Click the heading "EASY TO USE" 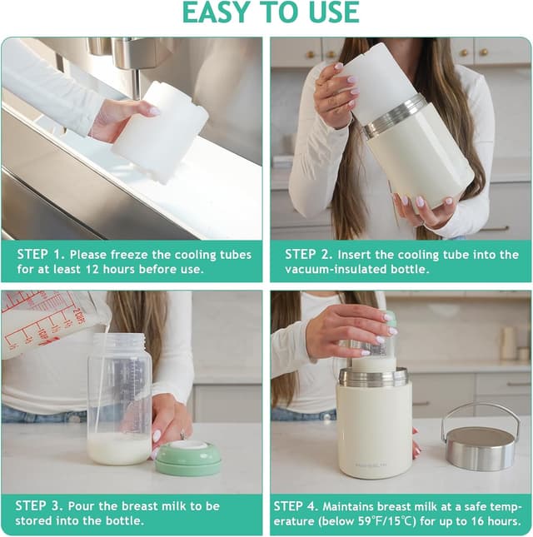pyautogui.click(x=271, y=12)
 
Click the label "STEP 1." pyautogui.click(x=42, y=255)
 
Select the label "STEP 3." pyautogui.click(x=42, y=506)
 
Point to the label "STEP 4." pyautogui.click(x=301, y=506)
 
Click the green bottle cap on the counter pyautogui.click(x=188, y=459)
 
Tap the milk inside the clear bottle pyautogui.click(x=119, y=448)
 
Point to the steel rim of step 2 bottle pyautogui.click(x=394, y=117)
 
